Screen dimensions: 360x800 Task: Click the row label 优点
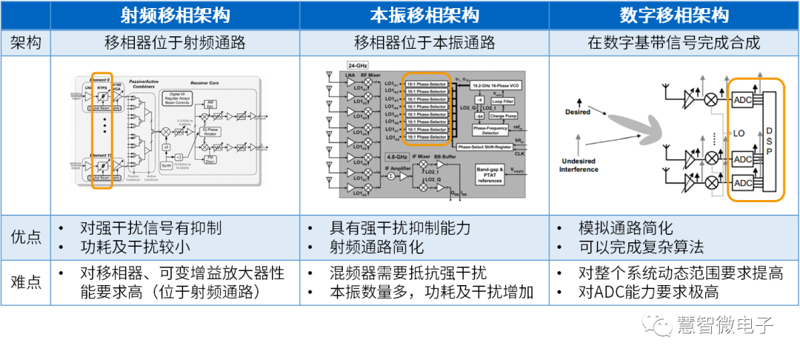(x=27, y=238)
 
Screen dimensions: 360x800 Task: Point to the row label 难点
(x=27, y=282)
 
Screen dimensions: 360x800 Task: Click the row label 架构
(x=27, y=43)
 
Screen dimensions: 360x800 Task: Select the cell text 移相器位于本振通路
(x=424, y=43)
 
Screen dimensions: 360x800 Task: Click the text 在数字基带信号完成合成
(x=674, y=43)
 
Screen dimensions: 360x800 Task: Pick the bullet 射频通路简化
(x=376, y=247)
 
